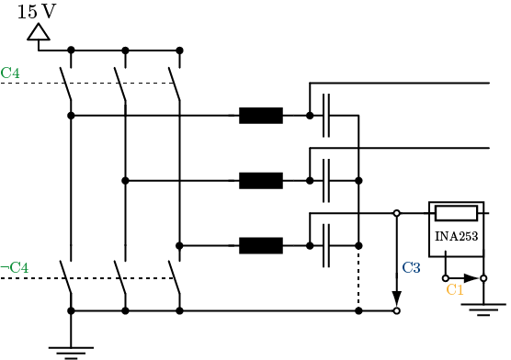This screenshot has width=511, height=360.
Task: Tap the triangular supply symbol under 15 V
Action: [38, 33]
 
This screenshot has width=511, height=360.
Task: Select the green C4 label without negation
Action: [10, 72]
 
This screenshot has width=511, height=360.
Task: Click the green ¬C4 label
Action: [14, 267]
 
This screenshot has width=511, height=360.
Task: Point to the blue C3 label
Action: [411, 268]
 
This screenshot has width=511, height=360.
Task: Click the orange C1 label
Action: [454, 289]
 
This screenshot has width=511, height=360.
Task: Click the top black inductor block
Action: [261, 116]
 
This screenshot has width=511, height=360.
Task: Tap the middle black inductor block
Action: [261, 180]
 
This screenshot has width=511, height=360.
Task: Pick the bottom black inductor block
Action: [261, 245]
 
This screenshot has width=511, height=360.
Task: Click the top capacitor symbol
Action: [326, 116]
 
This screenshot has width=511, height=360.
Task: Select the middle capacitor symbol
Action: [326, 180]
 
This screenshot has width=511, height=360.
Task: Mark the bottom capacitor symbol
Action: [326, 245]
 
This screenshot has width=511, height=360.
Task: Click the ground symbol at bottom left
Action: [71, 349]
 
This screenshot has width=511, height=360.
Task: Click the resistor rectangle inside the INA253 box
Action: [456, 214]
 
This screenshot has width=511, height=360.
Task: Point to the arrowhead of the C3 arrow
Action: [397, 299]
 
